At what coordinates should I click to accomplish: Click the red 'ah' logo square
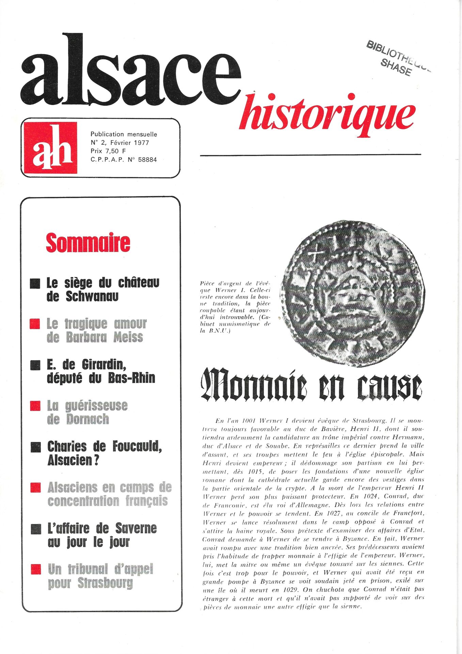click(x=50, y=147)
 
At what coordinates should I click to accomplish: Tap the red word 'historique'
click(x=327, y=115)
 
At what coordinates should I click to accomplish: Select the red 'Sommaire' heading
click(x=88, y=243)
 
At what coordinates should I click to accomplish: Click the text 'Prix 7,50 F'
click(x=108, y=151)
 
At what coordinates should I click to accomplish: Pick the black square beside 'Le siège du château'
click(x=35, y=283)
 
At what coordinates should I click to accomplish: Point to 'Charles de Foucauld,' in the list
click(x=104, y=447)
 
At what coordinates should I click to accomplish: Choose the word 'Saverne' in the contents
click(x=136, y=528)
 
